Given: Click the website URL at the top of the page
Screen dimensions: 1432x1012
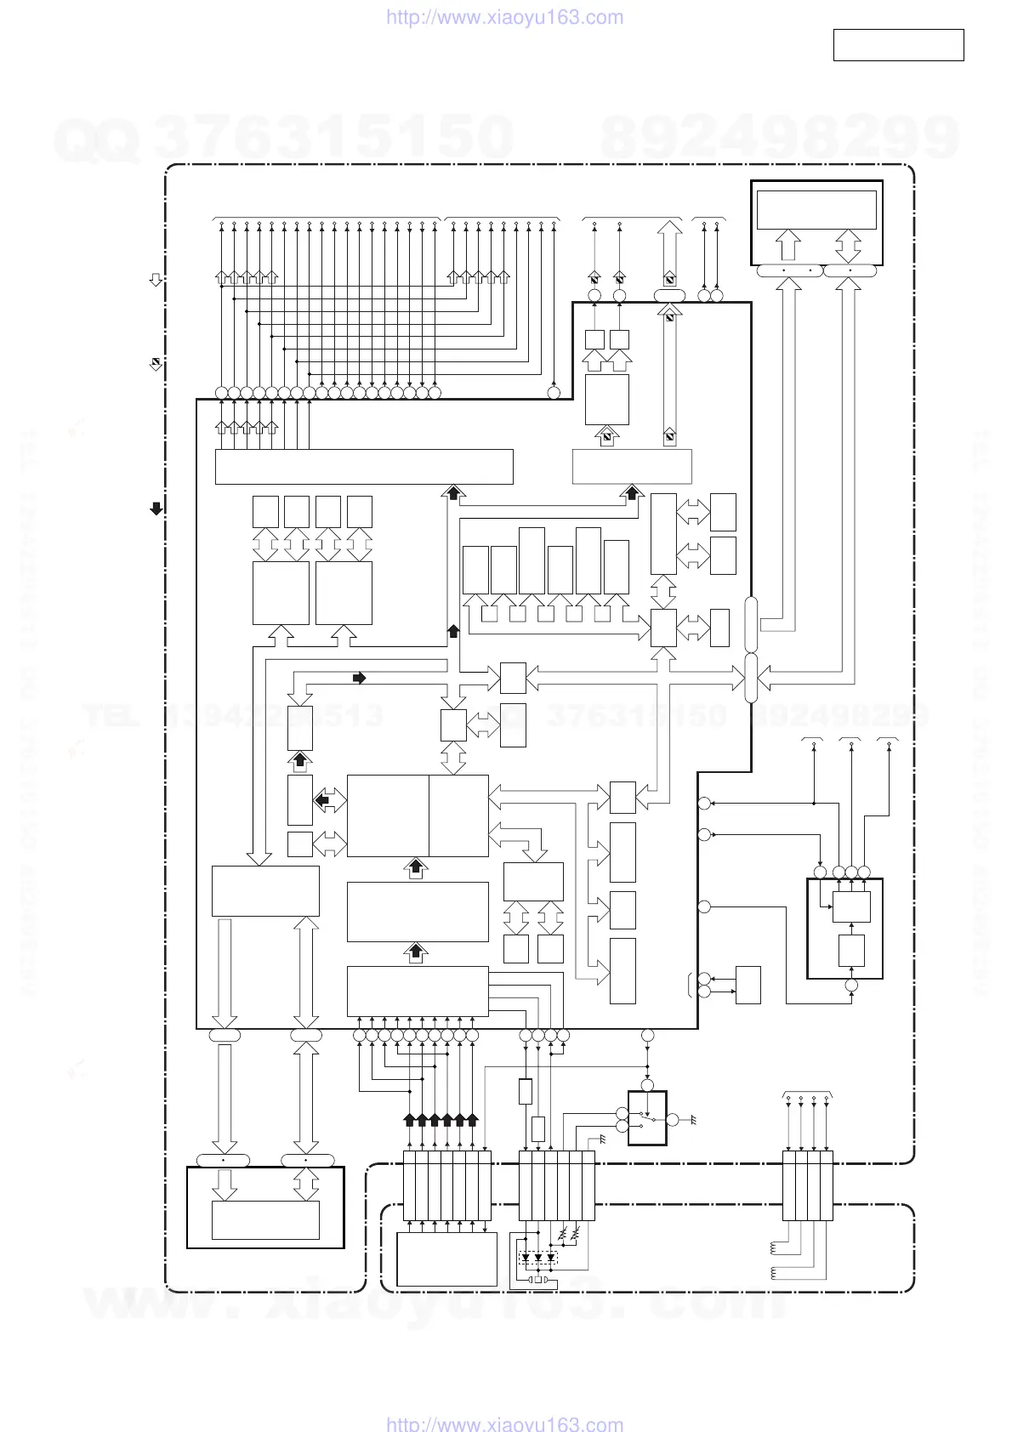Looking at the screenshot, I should pos(504,17).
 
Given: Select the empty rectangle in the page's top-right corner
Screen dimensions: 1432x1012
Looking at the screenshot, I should pos(898,45).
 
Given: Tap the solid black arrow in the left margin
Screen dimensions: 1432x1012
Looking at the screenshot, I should pos(156,509).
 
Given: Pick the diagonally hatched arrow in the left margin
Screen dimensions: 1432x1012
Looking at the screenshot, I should pos(155,364).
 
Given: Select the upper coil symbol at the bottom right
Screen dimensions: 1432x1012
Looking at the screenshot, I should pos(774,1248).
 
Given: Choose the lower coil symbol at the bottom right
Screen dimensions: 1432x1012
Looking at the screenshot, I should pos(774,1273).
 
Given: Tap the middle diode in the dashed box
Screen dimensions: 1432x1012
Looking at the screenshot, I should pos(537,1258).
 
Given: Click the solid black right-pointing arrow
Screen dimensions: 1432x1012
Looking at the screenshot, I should pos(359,678).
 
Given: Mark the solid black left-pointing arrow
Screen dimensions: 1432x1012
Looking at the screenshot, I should pos(321,799).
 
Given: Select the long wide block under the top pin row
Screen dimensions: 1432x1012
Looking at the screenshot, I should pos(364,467).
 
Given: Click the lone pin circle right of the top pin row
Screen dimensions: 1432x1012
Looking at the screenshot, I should pos(554,392).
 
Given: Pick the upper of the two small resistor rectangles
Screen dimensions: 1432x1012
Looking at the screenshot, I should pos(526,1091).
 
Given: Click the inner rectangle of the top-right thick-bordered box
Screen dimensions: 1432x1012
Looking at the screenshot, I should pos(816,209).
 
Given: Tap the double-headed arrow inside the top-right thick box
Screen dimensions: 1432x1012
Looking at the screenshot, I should pos(848,247).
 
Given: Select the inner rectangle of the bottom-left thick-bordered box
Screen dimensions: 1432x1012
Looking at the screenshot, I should pos(265,1220).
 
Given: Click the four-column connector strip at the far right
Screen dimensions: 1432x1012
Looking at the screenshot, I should pos(807,1186).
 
